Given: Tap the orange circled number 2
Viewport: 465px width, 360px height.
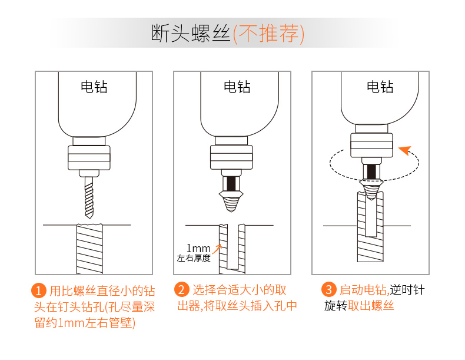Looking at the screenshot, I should [182, 290].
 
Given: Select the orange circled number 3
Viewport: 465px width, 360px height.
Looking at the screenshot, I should [329, 290].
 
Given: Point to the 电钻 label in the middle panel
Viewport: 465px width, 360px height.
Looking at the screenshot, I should [237, 87].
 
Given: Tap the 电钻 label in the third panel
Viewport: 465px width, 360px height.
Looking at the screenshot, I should [380, 87].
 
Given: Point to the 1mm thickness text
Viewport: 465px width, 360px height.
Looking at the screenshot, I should [198, 247].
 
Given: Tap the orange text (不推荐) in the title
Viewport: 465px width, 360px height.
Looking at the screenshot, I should [269, 34].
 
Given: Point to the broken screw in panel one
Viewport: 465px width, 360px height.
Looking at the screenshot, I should [89, 247].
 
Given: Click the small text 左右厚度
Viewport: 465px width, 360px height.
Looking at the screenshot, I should [194, 258].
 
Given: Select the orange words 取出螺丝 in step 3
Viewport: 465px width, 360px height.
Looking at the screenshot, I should [371, 306].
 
